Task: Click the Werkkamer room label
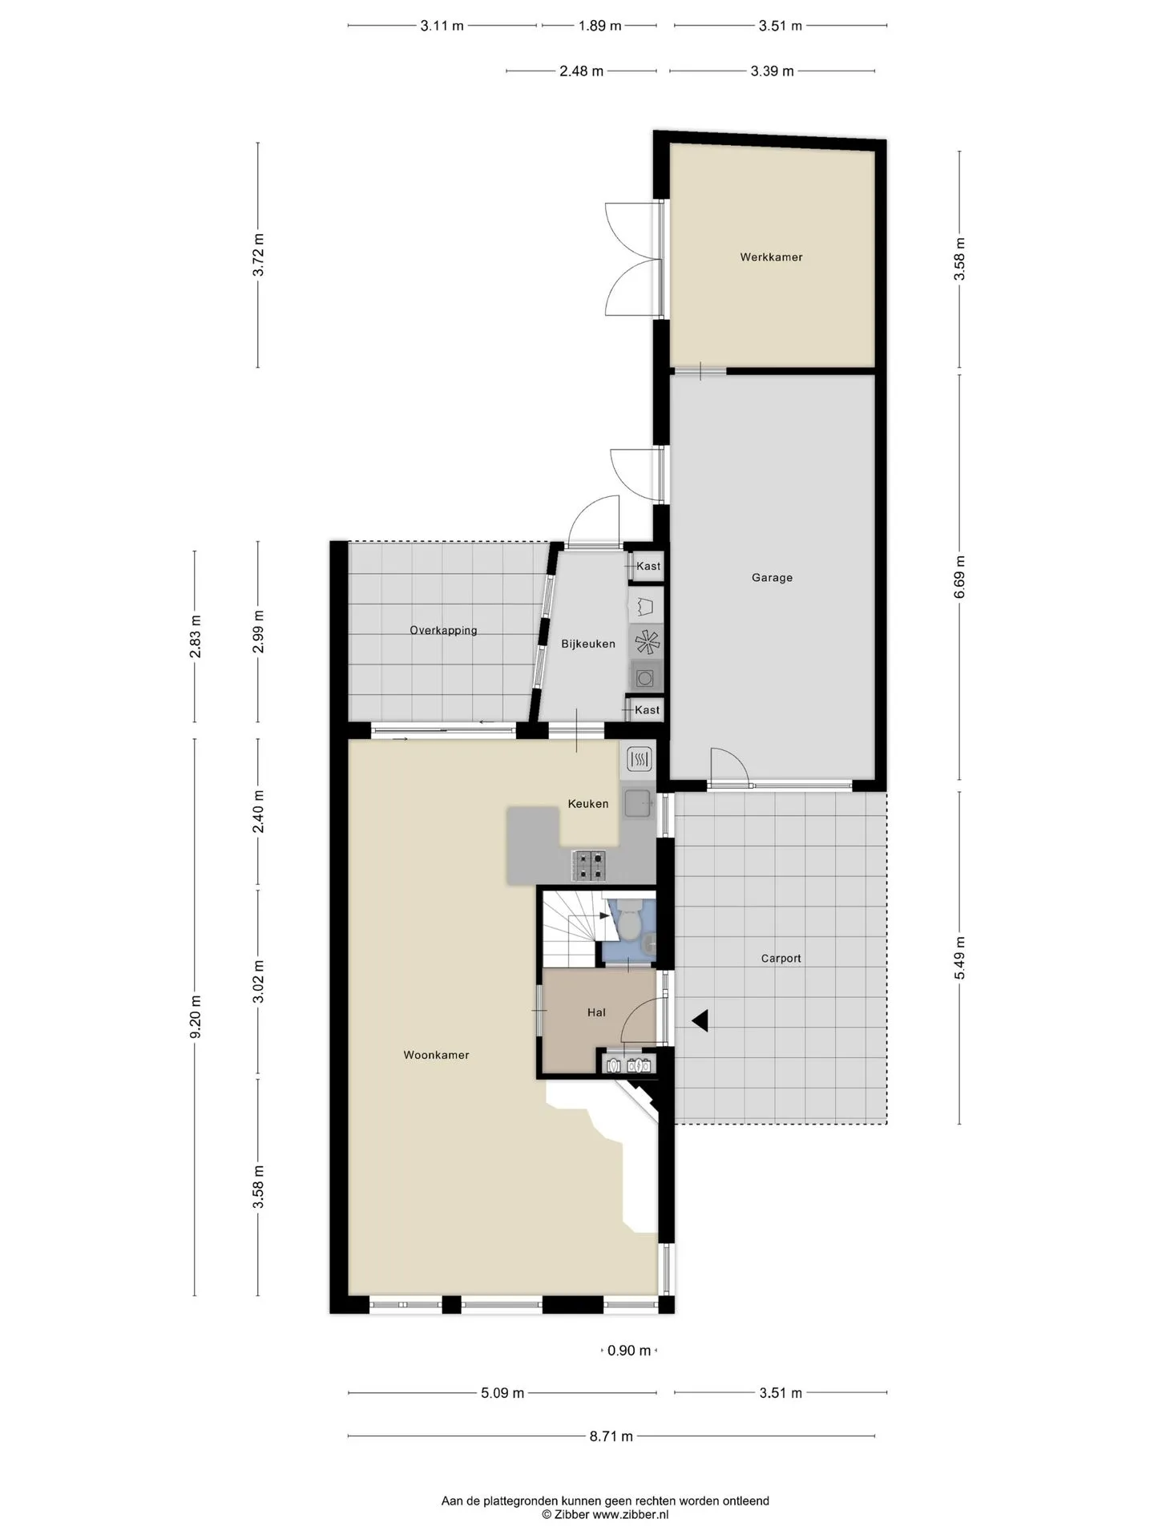point(771,257)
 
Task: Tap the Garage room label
point(772,577)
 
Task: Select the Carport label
point(781,959)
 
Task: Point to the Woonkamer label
point(436,1056)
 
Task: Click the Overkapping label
point(443,631)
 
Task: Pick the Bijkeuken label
point(588,644)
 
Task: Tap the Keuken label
point(588,804)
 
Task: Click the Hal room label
point(596,1012)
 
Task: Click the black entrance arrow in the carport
point(700,1020)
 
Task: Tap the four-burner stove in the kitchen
point(591,866)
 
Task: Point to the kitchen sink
point(639,803)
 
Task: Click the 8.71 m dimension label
point(611,1436)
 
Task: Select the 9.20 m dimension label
point(196,1016)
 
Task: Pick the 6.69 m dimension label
point(959,577)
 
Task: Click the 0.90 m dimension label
point(629,1351)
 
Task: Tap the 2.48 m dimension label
point(582,71)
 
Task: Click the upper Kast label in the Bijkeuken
point(648,567)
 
